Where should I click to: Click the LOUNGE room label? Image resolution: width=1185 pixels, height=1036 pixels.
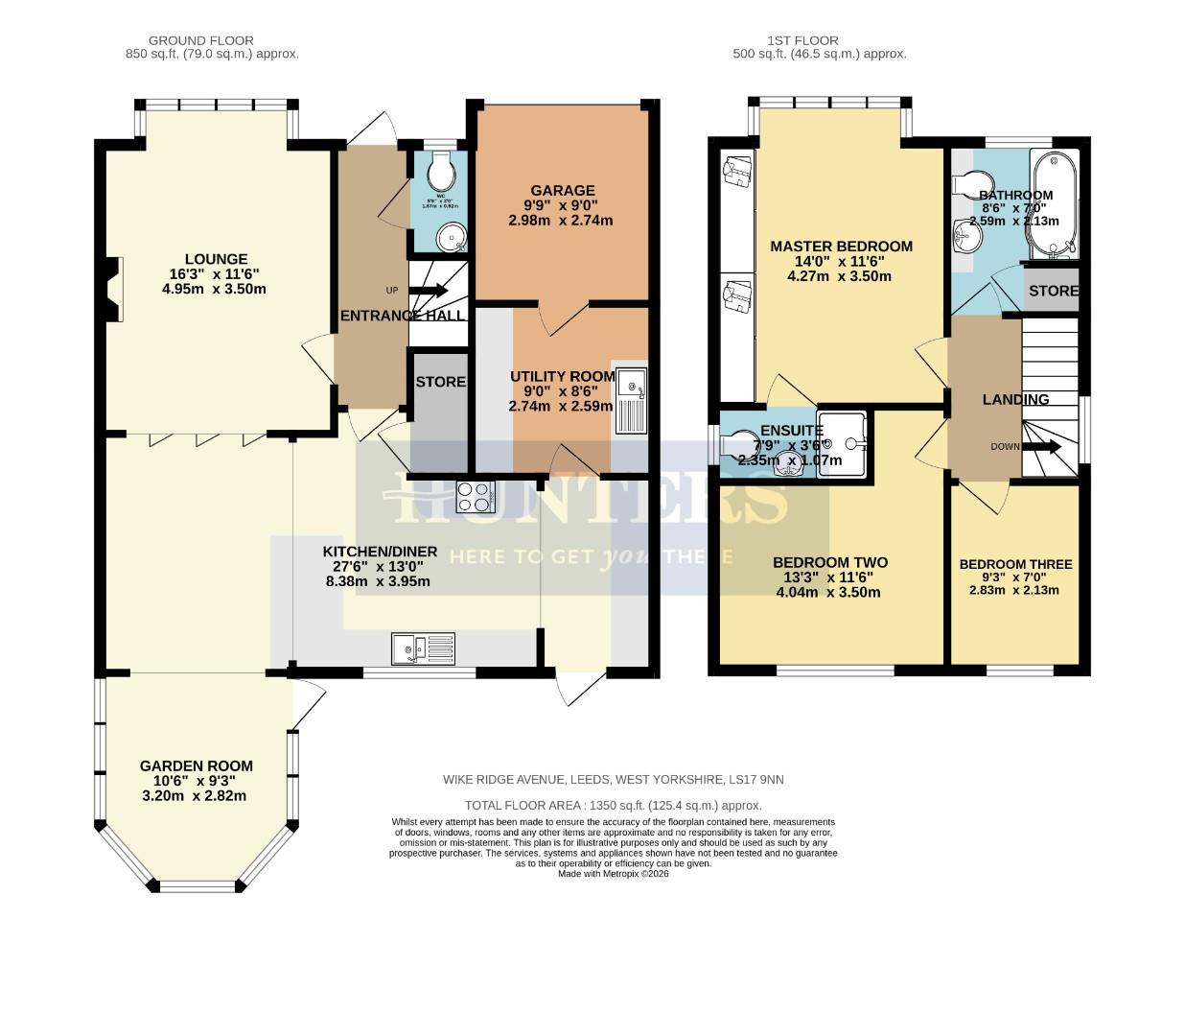pos(216,259)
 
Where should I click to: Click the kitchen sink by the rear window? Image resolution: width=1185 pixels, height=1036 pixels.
pos(423,648)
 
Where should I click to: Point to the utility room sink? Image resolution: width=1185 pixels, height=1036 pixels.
pos(632,400)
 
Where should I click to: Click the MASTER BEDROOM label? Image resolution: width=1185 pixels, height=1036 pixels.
pos(841,246)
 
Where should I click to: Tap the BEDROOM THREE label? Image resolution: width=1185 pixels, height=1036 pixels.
pos(1015,564)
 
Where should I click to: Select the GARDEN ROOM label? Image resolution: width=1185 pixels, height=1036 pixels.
pos(197,765)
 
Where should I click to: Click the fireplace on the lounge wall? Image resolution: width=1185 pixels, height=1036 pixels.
pos(113,289)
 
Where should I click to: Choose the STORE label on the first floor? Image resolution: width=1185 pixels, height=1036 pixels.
pos(1053,291)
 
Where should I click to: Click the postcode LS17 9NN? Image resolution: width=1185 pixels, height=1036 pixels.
pos(755,780)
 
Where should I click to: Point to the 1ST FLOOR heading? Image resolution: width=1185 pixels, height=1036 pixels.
pos(802,40)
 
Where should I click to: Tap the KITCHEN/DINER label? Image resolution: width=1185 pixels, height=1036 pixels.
pos(380,552)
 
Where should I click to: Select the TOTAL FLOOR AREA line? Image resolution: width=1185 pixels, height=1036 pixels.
pos(613,806)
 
